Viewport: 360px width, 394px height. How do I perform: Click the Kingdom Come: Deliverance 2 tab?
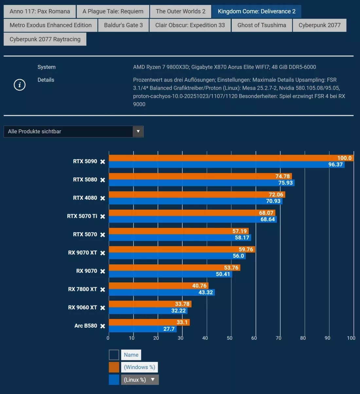pos(256,11)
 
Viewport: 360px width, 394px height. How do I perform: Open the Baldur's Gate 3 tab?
pos(123,25)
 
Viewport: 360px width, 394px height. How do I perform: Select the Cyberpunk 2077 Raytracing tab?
pos(45,39)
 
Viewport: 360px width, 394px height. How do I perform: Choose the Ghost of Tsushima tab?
pos(261,25)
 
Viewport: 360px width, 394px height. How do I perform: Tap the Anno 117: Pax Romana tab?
pos(40,11)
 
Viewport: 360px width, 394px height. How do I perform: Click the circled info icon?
pos(20,85)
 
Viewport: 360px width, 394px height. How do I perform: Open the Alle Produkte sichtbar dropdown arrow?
pos(138,131)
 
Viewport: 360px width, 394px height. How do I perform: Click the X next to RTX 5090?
pos(103,161)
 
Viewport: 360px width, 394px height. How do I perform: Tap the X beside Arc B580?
pos(103,326)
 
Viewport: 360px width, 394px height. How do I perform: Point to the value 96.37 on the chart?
pos(335,165)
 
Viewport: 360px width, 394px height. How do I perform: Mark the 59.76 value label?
pos(246,249)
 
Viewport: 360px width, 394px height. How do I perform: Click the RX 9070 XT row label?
pos(82,253)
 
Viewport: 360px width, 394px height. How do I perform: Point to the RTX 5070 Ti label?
pos(82,216)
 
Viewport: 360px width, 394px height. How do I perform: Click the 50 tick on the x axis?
pos(230,338)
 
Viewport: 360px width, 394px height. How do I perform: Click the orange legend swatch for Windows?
pos(114,367)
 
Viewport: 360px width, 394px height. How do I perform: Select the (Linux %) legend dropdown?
pos(140,380)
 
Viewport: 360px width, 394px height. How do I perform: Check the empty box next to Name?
pos(114,355)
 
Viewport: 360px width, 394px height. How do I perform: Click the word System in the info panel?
pos(46,67)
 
